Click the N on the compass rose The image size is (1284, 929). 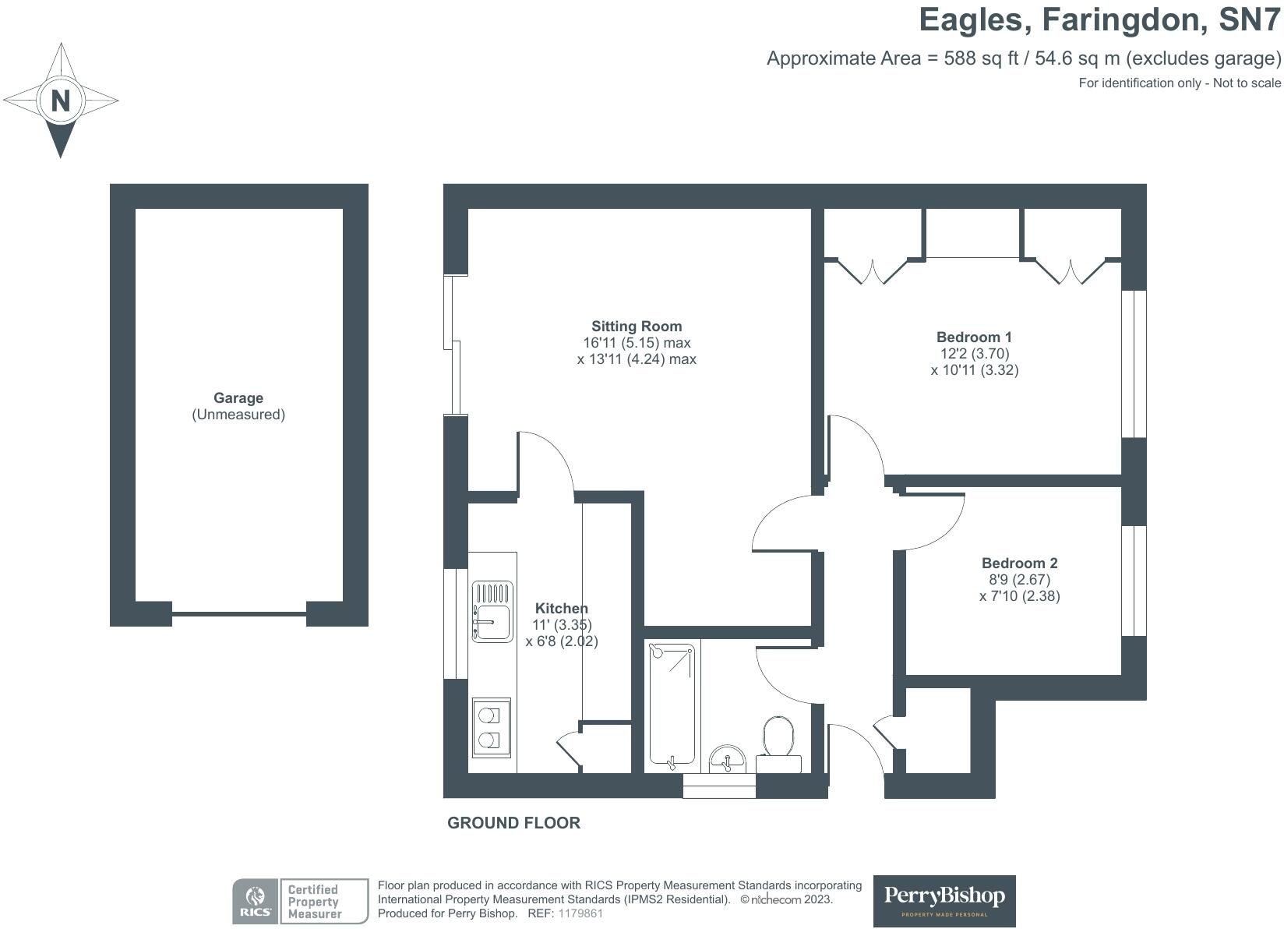[x=61, y=101]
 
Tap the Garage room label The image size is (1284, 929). [x=238, y=398]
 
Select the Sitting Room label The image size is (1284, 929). [x=637, y=327]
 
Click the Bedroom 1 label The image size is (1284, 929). [x=974, y=337]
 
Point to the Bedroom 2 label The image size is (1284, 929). [x=1020, y=563]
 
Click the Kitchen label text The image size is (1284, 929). [x=562, y=609]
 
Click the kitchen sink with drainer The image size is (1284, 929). [x=492, y=612]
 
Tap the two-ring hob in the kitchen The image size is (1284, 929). [x=492, y=728]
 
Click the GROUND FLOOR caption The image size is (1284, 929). [x=513, y=823]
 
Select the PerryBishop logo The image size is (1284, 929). [x=944, y=901]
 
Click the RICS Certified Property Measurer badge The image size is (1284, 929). [x=301, y=901]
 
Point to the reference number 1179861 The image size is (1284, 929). [x=580, y=913]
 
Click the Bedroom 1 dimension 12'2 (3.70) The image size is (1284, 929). [x=975, y=354]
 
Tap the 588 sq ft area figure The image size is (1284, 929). [x=981, y=58]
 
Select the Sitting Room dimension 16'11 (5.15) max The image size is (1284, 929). [x=637, y=343]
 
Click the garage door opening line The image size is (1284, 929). [x=239, y=614]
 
